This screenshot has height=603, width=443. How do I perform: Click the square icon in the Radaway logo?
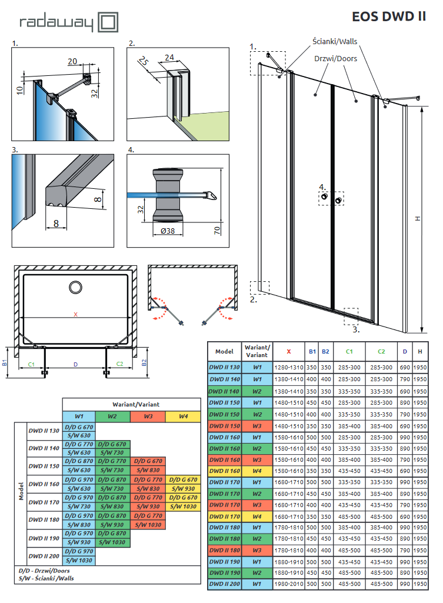[106, 23]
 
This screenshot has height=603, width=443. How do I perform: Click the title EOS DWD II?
[389, 16]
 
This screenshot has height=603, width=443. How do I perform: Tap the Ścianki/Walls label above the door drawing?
[335, 41]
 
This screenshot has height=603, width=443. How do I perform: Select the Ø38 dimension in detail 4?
[168, 231]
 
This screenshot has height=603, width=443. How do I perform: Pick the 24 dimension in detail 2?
[169, 56]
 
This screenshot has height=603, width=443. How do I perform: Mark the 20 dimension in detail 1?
[72, 61]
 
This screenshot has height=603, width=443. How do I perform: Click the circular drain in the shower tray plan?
[76, 287]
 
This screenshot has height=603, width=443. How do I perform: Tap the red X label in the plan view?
[75, 314]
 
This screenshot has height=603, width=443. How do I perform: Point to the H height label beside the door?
[418, 218]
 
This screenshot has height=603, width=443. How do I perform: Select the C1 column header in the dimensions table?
[349, 351]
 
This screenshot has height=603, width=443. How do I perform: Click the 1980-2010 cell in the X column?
[289, 584]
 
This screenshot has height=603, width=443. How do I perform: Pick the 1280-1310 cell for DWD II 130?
[289, 368]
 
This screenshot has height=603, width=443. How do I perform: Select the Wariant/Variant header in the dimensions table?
[257, 351]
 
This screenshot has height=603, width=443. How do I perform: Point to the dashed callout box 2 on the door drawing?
[259, 287]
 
